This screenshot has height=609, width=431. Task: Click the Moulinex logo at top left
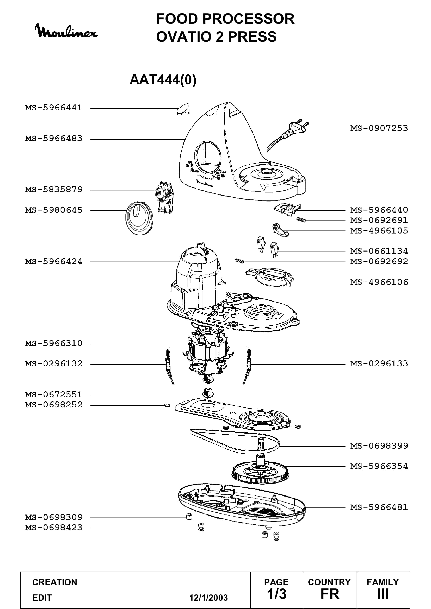click(x=67, y=32)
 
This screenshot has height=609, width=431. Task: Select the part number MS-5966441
click(x=54, y=108)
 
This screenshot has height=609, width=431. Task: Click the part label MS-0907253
click(x=379, y=128)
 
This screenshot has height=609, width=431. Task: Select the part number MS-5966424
click(x=54, y=261)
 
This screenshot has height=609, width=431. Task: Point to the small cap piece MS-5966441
click(x=183, y=109)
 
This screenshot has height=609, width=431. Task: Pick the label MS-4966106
click(x=379, y=282)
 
